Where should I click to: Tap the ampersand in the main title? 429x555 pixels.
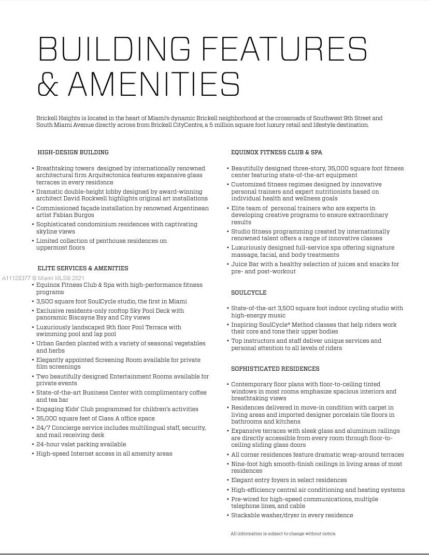(48, 84)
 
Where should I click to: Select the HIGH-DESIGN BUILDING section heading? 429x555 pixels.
(73, 152)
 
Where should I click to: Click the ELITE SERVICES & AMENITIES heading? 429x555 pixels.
(83, 268)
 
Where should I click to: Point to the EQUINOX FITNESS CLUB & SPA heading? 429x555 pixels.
(277, 152)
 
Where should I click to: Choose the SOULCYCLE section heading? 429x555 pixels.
(249, 293)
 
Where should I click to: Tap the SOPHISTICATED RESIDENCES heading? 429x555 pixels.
(275, 369)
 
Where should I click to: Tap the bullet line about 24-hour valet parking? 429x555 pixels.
(81, 444)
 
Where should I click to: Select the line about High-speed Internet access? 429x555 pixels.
(104, 454)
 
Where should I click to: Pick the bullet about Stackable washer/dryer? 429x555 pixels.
(292, 515)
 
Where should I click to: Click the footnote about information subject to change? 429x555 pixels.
(283, 533)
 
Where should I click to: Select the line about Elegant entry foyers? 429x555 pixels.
(289, 480)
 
